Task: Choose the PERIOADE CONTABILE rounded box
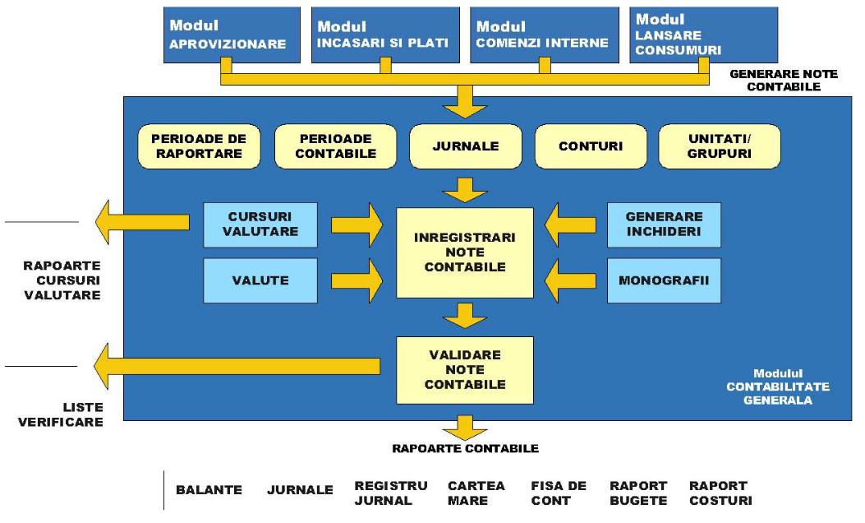click(x=336, y=146)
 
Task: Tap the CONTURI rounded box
click(x=590, y=146)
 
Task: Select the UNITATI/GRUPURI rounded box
click(x=720, y=146)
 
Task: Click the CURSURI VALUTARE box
click(x=261, y=224)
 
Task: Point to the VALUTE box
click(x=261, y=280)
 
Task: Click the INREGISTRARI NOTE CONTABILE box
click(x=464, y=252)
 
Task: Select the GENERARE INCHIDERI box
click(x=664, y=224)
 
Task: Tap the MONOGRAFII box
click(x=664, y=280)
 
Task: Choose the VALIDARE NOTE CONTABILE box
click(x=464, y=369)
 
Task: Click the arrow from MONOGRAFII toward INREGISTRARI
click(x=573, y=280)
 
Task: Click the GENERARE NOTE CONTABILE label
click(x=783, y=80)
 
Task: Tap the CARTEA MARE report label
click(x=476, y=493)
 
